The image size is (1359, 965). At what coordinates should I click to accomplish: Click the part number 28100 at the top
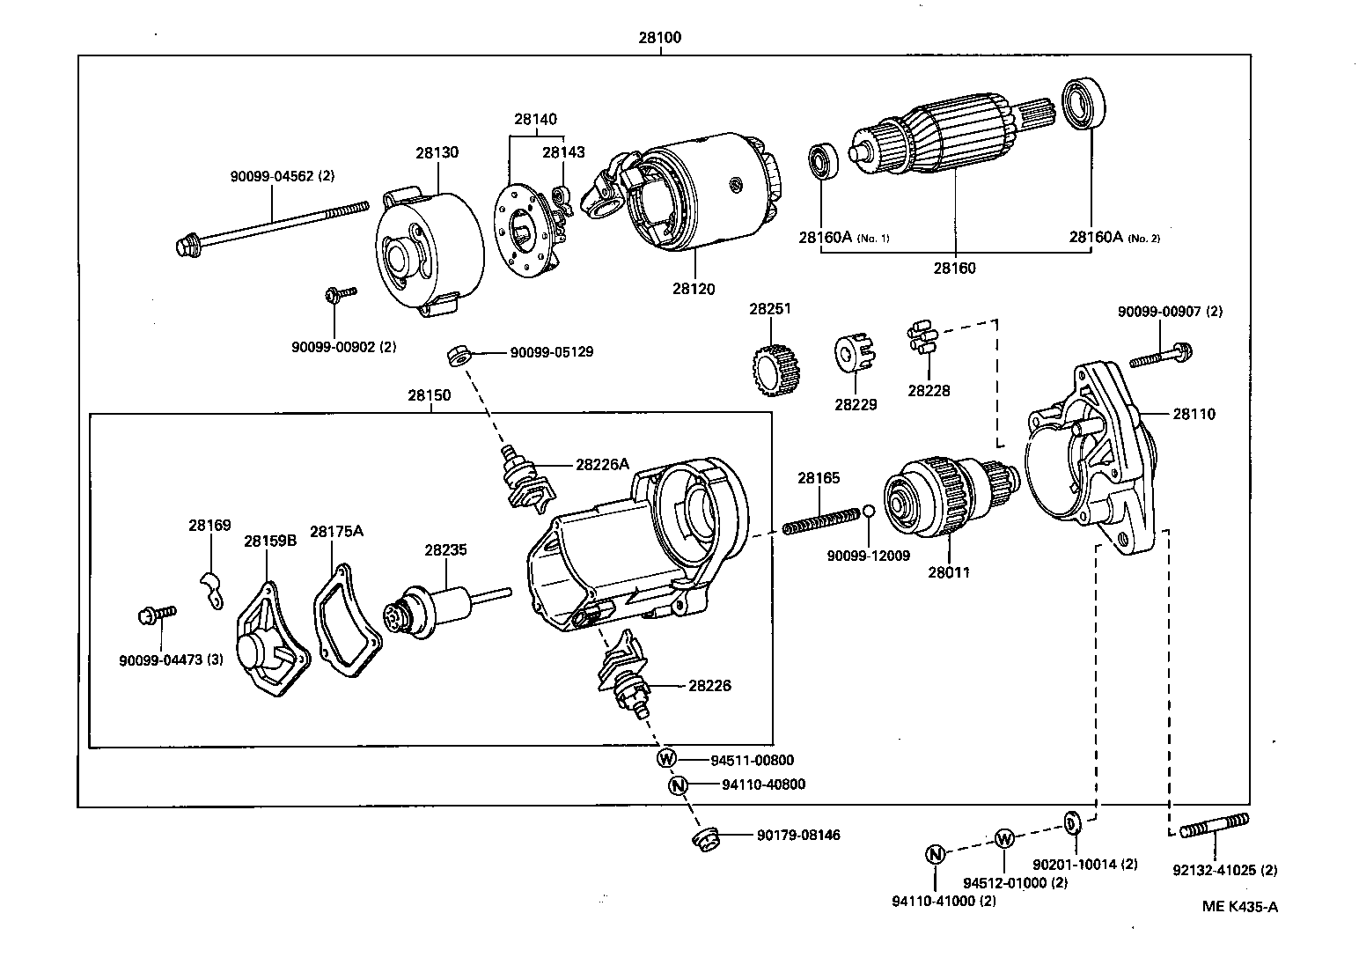pyautogui.click(x=660, y=38)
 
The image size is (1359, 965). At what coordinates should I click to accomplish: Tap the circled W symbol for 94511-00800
pyautogui.click(x=666, y=759)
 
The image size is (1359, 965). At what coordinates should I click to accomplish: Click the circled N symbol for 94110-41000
pyautogui.click(x=935, y=853)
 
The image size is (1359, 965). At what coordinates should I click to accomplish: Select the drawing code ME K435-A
pyautogui.click(x=1240, y=907)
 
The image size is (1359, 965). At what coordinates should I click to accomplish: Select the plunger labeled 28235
pyautogui.click(x=436, y=608)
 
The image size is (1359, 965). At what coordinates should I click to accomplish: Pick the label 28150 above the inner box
pyautogui.click(x=429, y=395)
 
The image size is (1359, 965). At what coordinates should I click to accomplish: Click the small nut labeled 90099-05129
pyautogui.click(x=456, y=355)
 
